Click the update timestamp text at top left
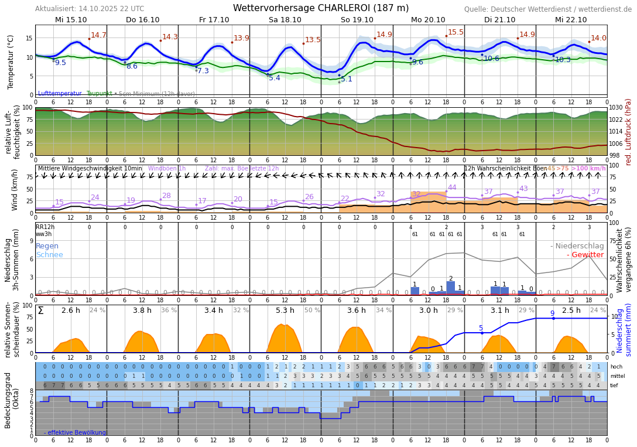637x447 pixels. [90, 9]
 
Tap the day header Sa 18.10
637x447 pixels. [285, 20]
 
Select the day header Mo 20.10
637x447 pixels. [428, 20]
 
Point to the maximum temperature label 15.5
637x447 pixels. [456, 33]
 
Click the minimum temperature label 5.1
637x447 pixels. [347, 79]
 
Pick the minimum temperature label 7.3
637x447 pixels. [203, 71]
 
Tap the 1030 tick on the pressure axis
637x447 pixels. [616, 108]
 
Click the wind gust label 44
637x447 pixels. [452, 188]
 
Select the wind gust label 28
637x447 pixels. [166, 196]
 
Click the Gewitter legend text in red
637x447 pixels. [585, 255]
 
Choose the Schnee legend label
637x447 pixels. [49, 255]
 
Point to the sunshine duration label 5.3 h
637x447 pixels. [285, 310]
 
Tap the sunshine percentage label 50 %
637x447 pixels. [312, 310]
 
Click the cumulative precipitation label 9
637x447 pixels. [552, 313]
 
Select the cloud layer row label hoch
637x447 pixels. [616, 367]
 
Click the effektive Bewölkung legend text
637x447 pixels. [75, 432]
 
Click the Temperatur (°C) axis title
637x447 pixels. [11, 62]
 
